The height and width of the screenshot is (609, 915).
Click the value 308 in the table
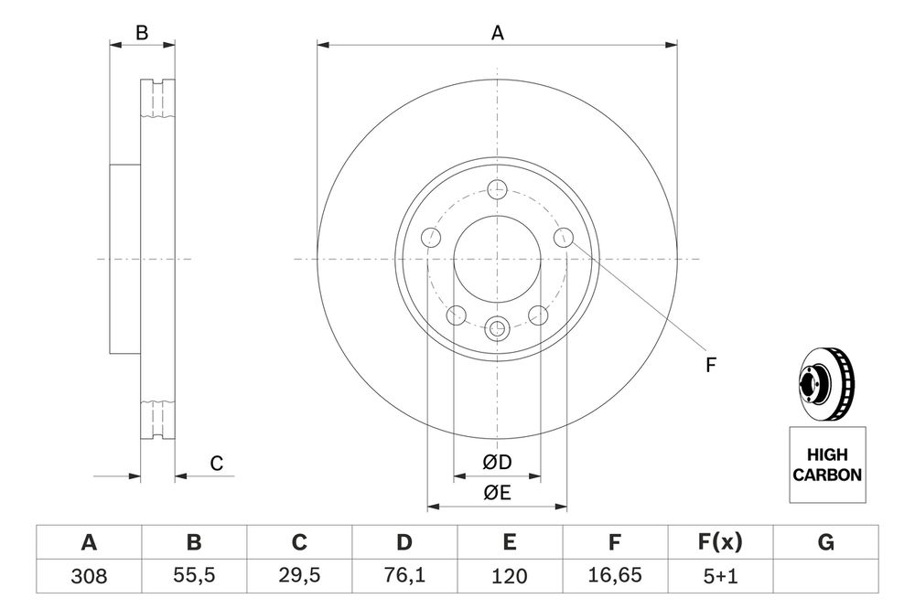(89, 577)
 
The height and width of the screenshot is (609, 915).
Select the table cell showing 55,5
(194, 577)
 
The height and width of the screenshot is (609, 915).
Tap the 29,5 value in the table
(299, 577)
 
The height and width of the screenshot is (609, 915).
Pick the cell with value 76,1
(404, 577)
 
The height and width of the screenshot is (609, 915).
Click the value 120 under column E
(510, 577)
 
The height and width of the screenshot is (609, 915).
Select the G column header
(825, 543)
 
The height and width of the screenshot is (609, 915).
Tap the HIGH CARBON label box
(826, 465)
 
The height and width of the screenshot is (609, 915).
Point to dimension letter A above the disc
(497, 33)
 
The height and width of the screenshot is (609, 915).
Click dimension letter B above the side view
(142, 33)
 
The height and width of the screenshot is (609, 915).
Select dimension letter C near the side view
(217, 464)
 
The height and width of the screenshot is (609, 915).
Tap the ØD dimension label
(497, 464)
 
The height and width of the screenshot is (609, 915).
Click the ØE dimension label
(497, 494)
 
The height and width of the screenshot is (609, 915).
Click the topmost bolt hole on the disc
(497, 190)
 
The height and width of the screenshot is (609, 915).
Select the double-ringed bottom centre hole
(497, 327)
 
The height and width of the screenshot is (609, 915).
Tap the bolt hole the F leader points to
(563, 238)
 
